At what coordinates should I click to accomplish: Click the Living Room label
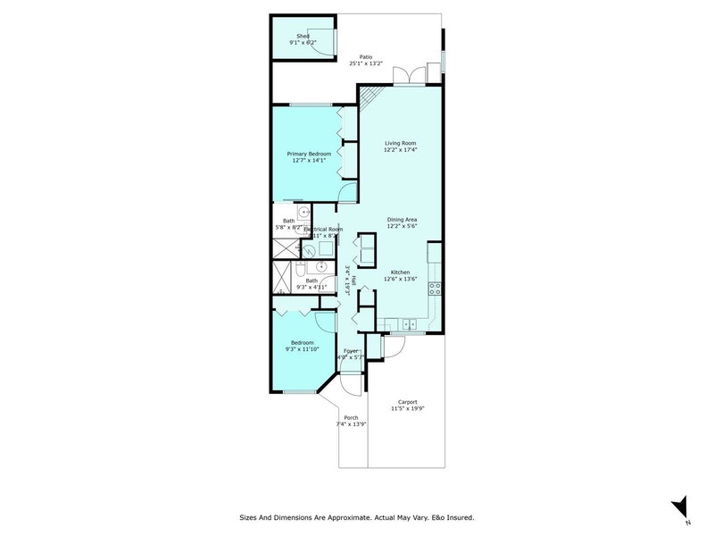click(x=401, y=143)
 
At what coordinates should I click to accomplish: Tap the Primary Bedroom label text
click(x=309, y=154)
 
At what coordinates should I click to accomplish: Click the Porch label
click(x=351, y=417)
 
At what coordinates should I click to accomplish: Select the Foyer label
click(x=350, y=351)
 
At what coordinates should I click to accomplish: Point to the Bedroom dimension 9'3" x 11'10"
click(x=302, y=348)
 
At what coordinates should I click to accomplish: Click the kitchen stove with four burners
click(x=436, y=289)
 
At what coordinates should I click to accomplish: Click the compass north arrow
click(x=681, y=504)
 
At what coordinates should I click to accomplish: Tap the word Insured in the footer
click(x=459, y=516)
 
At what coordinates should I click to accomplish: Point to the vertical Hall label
click(x=353, y=281)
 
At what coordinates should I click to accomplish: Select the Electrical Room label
click(x=323, y=230)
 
